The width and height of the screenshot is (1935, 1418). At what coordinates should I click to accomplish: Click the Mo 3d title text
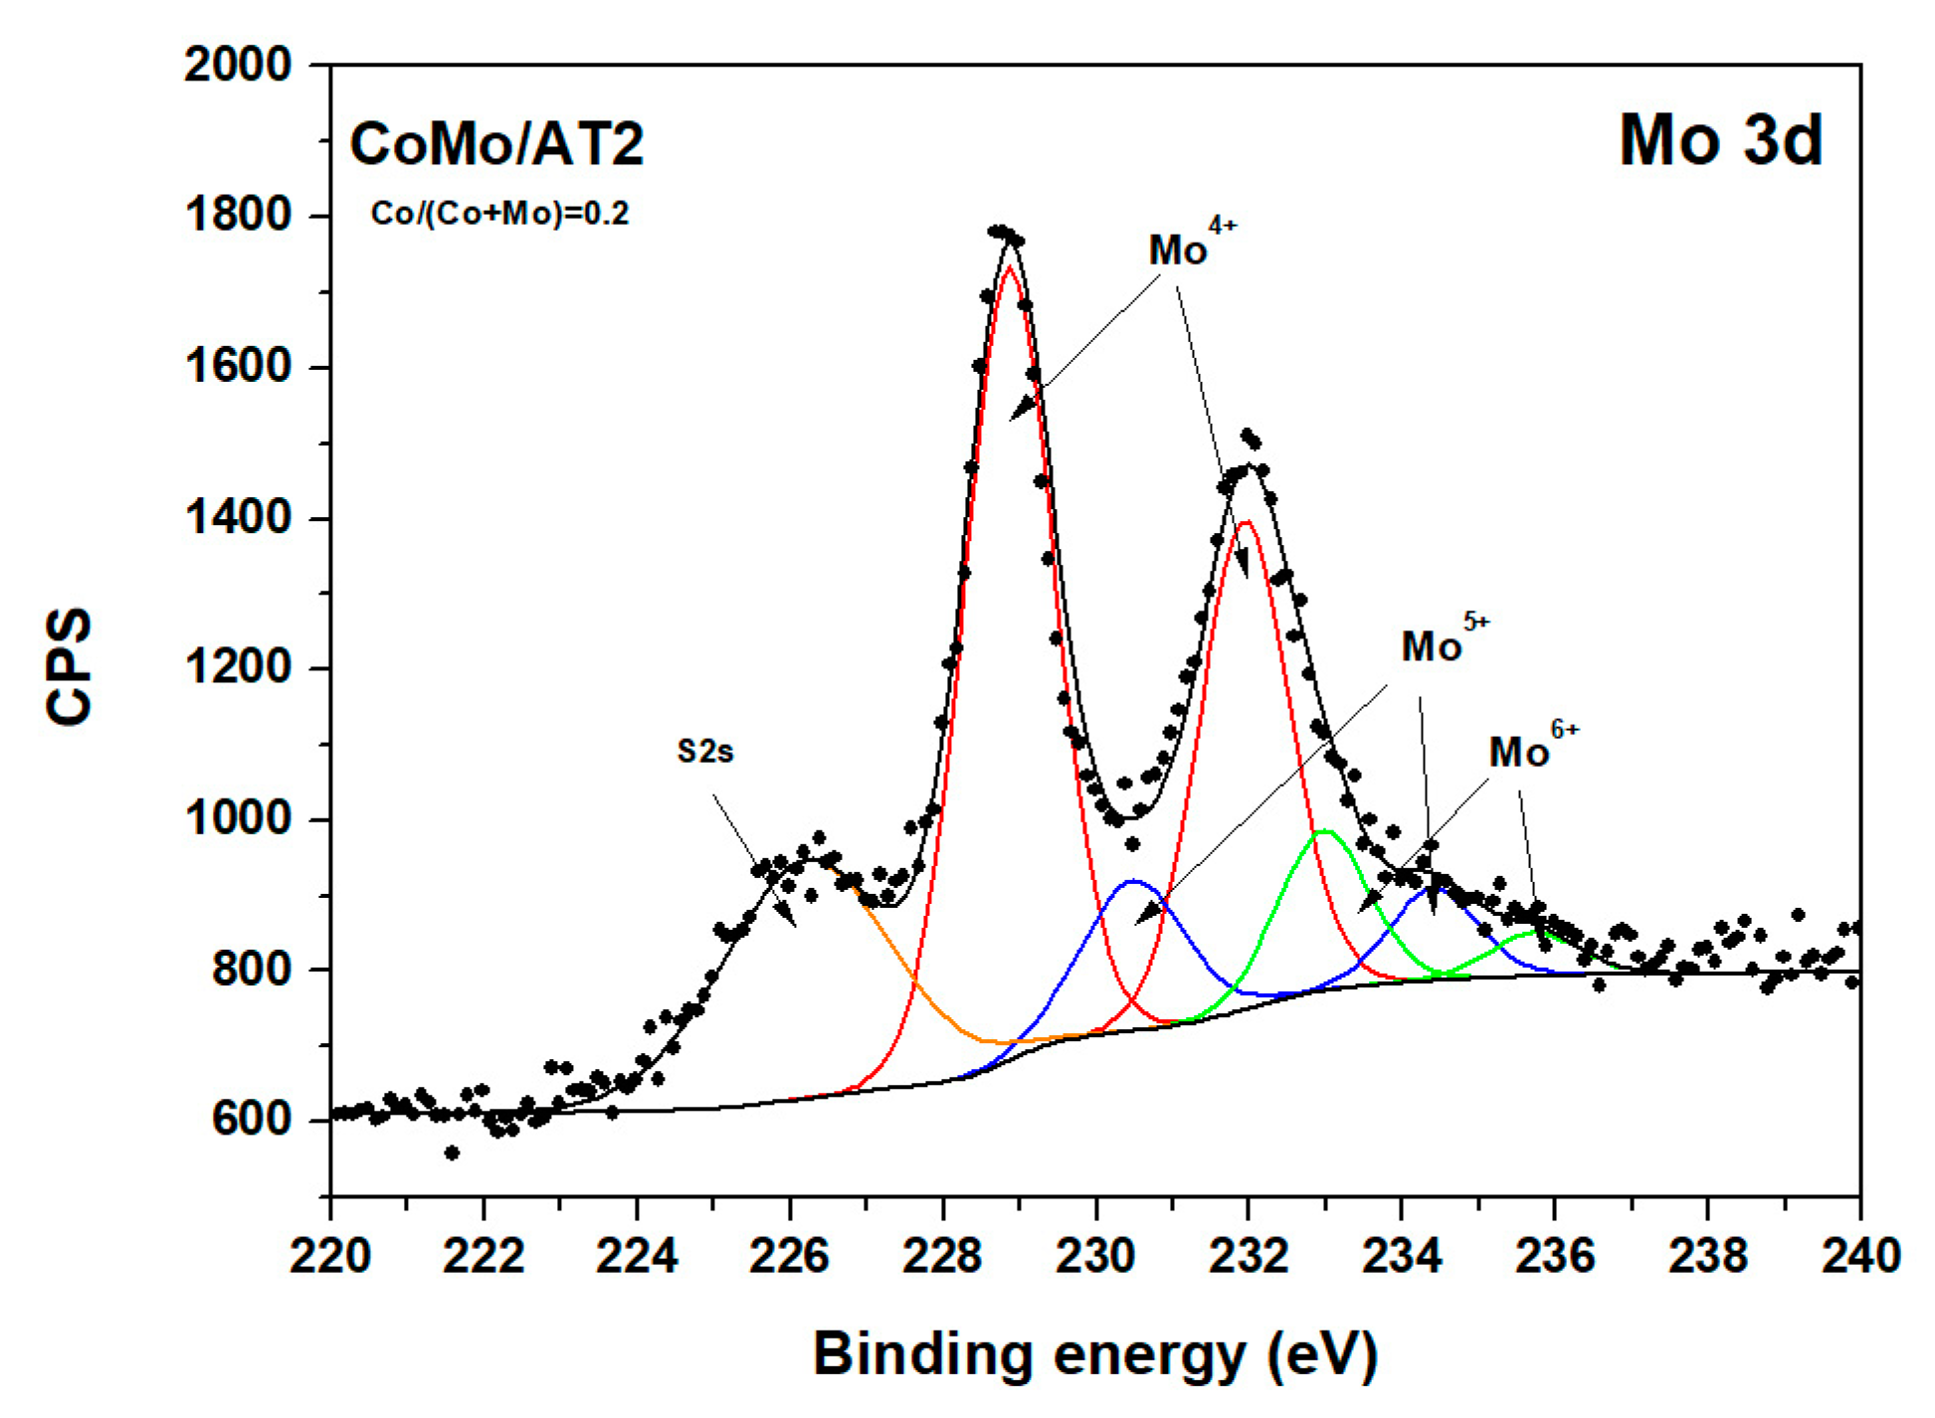(1720, 140)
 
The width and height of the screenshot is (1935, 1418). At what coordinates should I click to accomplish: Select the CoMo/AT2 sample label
(496, 144)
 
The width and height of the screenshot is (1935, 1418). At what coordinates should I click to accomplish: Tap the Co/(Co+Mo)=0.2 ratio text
(499, 214)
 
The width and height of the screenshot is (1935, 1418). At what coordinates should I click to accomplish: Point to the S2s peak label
(704, 752)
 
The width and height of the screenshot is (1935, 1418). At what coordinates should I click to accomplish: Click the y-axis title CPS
(70, 666)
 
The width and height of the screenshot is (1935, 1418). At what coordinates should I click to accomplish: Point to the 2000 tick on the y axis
(238, 66)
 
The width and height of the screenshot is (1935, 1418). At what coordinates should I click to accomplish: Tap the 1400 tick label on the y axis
(238, 518)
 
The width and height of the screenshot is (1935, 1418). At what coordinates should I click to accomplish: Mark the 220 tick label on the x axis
(330, 1256)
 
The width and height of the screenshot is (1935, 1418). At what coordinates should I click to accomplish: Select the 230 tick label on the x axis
(1095, 1256)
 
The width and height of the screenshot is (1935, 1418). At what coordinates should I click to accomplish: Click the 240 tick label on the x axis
(1859, 1256)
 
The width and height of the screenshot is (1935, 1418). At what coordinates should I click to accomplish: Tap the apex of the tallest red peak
(1009, 266)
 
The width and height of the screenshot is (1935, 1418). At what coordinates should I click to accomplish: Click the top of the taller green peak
(1324, 831)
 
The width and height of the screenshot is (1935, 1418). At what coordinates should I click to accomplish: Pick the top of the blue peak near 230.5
(1133, 881)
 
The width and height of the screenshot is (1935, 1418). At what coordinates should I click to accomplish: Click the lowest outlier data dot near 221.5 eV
(452, 1152)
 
